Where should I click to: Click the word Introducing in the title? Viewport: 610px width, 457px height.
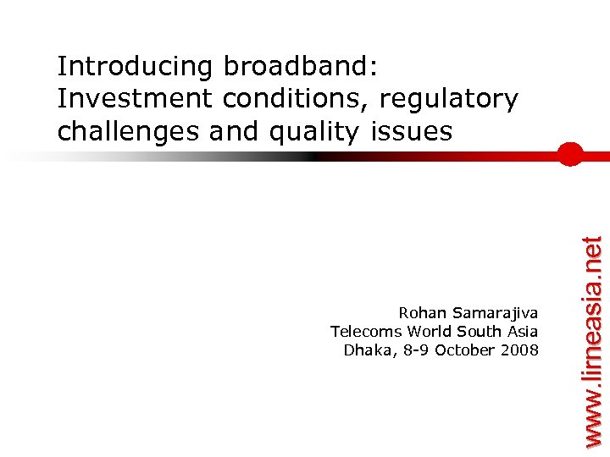[136, 66]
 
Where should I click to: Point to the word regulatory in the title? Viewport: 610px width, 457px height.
[449, 99]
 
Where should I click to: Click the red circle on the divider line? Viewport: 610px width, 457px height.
[571, 156]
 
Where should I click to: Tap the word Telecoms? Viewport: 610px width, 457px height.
[366, 332]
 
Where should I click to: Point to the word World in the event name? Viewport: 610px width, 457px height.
[430, 332]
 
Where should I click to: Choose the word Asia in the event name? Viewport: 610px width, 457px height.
[521, 332]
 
